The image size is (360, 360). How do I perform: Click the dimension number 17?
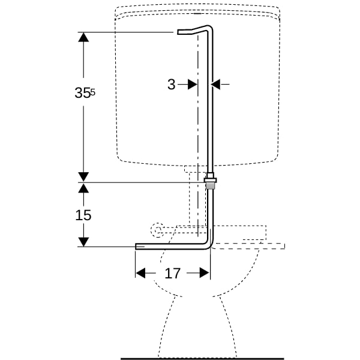pyautogui.click(x=172, y=273)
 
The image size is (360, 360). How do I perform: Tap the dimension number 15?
pyautogui.click(x=83, y=215)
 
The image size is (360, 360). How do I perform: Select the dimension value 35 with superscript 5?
pyautogui.click(x=85, y=93)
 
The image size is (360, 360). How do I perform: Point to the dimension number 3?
pyautogui.click(x=171, y=85)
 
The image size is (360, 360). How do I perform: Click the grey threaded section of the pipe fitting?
pyautogui.click(x=210, y=185)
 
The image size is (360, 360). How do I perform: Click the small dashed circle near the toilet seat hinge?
pyautogui.click(x=157, y=230)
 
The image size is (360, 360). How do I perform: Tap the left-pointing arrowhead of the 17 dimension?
pyautogui.click(x=140, y=273)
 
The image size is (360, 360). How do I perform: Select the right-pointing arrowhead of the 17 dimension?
pyautogui.click(x=205, y=273)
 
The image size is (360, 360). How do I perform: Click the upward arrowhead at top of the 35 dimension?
pyautogui.click(x=83, y=37)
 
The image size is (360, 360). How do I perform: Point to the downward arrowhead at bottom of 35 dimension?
pyautogui.click(x=83, y=177)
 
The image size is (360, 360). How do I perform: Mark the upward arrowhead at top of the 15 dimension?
pyautogui.click(x=83, y=188)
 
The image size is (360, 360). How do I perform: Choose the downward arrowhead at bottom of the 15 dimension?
pyautogui.click(x=83, y=242)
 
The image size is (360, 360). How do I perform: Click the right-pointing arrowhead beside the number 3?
pyautogui.click(x=193, y=85)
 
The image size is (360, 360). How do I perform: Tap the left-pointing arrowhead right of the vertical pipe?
pyautogui.click(x=215, y=85)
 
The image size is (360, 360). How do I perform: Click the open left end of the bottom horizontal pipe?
pyautogui.click(x=136, y=247)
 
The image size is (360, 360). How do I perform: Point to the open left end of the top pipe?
pyautogui.click(x=178, y=32)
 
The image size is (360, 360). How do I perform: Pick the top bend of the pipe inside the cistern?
pyautogui.click(x=209, y=28)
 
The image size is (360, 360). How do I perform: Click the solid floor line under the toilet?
pyautogui.click(x=202, y=359)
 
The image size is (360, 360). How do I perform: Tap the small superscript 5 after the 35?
pyautogui.click(x=93, y=92)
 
